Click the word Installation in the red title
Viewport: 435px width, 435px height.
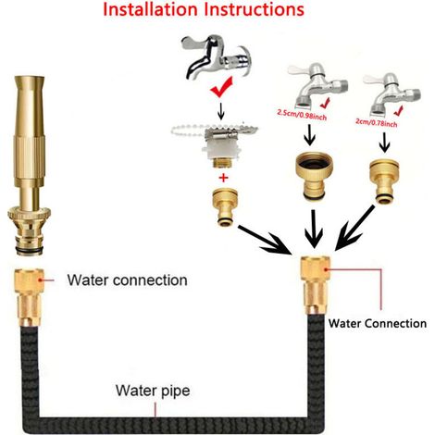(150, 9)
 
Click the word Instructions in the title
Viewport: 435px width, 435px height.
(255, 9)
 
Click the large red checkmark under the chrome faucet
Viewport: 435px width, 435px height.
(221, 87)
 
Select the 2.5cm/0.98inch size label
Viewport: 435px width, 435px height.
(302, 114)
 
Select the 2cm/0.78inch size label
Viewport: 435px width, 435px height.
(377, 122)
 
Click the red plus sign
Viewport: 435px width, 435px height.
(224, 178)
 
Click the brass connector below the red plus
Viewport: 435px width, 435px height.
(225, 206)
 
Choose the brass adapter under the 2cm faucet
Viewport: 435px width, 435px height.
(384, 181)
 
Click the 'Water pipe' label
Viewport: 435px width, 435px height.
(153, 391)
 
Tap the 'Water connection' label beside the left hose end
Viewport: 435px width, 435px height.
(127, 280)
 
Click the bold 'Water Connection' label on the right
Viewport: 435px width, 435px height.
(378, 323)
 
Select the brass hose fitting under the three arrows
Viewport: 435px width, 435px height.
(316, 284)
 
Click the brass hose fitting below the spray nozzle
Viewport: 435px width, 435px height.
(30, 298)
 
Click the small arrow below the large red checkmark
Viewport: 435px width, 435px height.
(221, 111)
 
